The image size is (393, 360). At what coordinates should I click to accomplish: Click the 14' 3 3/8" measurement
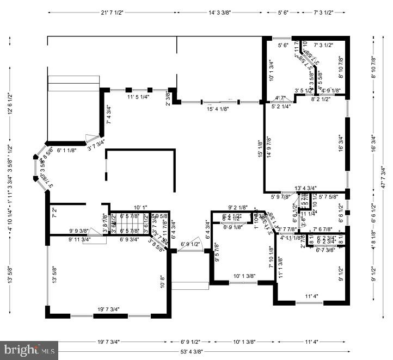(x=224, y=12)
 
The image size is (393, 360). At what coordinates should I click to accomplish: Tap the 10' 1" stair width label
(x=141, y=207)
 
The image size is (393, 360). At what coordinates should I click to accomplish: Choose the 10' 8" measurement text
(x=162, y=281)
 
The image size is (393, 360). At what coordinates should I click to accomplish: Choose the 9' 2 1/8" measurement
(x=237, y=207)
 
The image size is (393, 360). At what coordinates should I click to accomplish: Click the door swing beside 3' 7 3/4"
(x=93, y=140)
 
